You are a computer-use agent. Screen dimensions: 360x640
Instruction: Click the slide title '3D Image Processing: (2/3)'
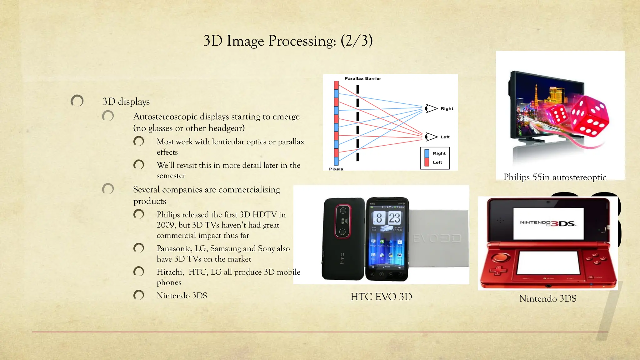[x=288, y=41]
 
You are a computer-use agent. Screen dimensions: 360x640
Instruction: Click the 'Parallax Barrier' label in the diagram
[x=362, y=78]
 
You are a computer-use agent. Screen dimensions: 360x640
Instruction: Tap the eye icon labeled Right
[x=431, y=108]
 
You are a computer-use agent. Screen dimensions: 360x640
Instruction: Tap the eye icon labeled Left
[x=431, y=137]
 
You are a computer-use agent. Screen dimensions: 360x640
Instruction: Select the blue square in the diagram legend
[x=427, y=153]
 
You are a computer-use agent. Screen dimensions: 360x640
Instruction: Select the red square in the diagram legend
[x=427, y=162]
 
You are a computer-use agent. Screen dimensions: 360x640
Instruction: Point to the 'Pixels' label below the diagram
[x=336, y=169]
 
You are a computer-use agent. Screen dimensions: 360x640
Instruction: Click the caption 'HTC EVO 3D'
[x=381, y=297]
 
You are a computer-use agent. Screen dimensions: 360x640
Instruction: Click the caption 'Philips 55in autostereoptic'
[x=555, y=177]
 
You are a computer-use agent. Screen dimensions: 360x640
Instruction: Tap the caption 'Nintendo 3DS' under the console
[x=547, y=298]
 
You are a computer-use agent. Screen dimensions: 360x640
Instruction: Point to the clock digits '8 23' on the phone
[x=387, y=218]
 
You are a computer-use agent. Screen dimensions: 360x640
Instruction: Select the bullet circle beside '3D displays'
[x=77, y=101]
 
